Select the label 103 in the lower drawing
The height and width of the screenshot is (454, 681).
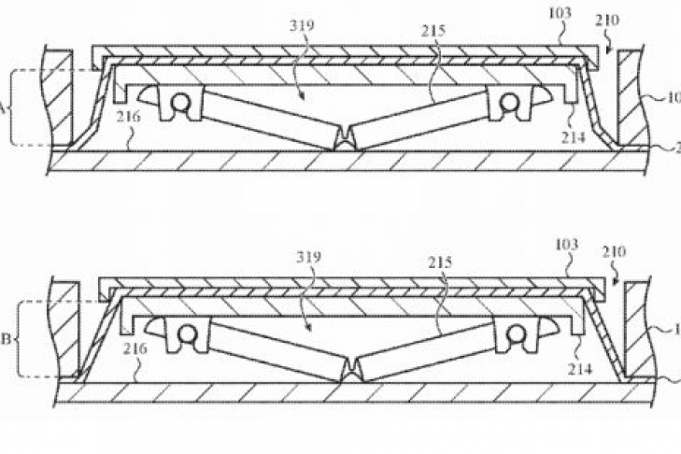(x=566, y=245)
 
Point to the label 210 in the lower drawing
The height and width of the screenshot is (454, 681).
(x=616, y=252)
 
